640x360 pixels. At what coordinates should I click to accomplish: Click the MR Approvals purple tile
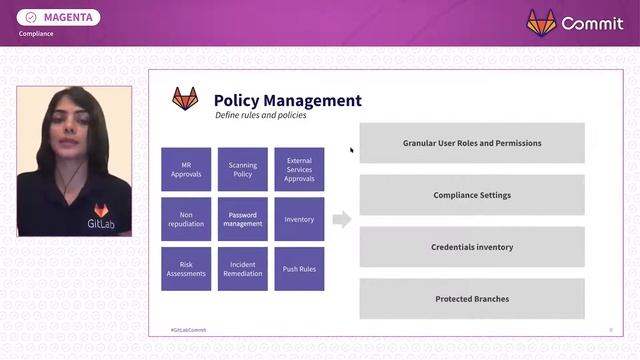[186, 170]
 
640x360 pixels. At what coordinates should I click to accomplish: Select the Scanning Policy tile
[243, 170]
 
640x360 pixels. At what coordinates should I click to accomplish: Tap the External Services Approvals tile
[299, 170]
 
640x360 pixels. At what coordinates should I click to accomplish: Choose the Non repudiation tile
[186, 219]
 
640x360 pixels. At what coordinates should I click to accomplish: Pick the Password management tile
[243, 219]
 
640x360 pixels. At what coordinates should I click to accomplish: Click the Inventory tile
[299, 219]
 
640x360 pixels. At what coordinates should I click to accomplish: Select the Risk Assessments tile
[186, 269]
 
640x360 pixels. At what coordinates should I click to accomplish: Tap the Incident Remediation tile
[243, 269]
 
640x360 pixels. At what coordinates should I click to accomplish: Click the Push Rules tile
[299, 269]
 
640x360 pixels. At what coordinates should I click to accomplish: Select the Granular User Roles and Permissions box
[472, 143]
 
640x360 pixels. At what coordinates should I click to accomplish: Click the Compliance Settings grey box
[472, 195]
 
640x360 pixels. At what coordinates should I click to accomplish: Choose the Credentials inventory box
[472, 247]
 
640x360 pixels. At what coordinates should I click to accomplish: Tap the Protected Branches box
[472, 299]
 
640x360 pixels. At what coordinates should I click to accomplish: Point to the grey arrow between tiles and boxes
[342, 219]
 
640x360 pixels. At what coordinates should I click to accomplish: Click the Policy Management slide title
[288, 100]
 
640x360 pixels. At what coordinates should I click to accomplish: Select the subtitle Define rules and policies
[260, 116]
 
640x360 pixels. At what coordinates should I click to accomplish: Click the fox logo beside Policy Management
[185, 99]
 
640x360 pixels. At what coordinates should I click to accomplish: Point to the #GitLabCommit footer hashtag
[189, 329]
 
